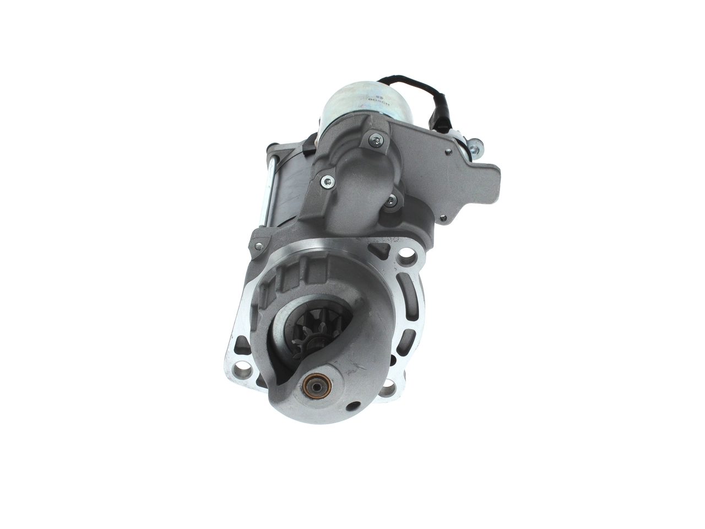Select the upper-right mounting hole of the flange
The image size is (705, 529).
click(406, 256)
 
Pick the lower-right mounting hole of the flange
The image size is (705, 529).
click(389, 389)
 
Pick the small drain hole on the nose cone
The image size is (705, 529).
click(351, 408)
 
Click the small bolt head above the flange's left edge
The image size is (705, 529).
click(256, 246)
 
